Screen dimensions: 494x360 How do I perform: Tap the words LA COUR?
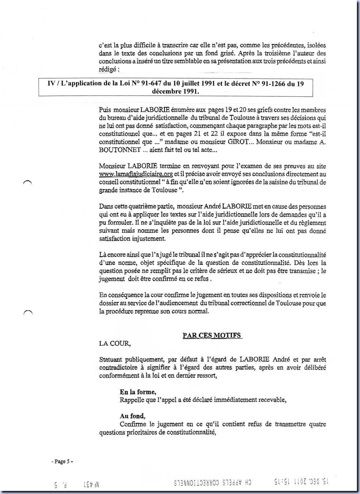pyautogui.click(x=115, y=343)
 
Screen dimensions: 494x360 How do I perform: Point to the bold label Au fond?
pyautogui.click(x=132, y=416)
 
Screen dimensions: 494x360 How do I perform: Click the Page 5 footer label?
pyautogui.click(x=62, y=461)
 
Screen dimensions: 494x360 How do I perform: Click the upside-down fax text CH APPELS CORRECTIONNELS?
pyautogui.click(x=215, y=484)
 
